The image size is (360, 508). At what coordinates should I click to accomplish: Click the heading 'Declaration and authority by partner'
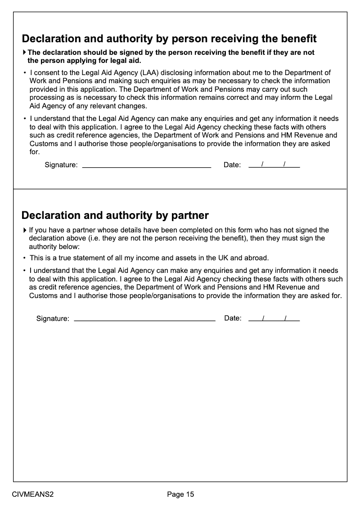tap(115, 215)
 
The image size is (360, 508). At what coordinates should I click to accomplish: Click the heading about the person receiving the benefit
tap(169, 39)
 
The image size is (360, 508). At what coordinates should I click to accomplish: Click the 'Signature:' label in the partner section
tap(53, 319)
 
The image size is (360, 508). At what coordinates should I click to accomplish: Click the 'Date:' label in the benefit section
tap(232, 165)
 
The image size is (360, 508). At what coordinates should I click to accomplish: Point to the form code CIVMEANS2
tap(33, 495)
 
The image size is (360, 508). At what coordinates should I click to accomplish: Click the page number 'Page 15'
tap(180, 495)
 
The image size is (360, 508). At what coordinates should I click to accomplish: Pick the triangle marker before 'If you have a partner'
tap(25, 230)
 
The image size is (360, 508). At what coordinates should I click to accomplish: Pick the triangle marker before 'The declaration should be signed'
tap(25, 53)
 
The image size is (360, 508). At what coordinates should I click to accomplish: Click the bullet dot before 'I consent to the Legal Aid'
tap(25, 73)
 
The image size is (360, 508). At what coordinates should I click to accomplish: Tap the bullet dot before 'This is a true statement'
tap(25, 258)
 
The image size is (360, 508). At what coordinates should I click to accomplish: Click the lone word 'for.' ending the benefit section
tap(35, 152)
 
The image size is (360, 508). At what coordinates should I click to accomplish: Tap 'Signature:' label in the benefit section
tap(61, 165)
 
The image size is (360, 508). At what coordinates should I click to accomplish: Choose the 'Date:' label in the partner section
tap(233, 318)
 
